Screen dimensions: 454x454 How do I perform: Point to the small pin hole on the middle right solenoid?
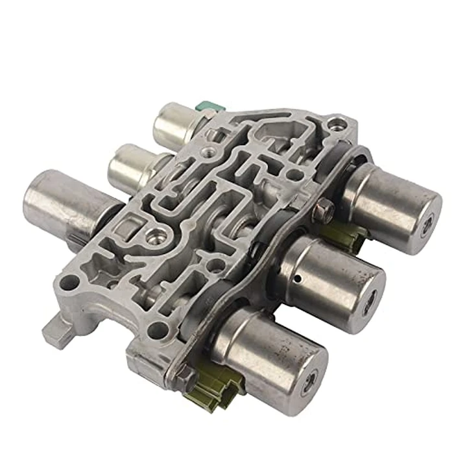coord(298,281)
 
